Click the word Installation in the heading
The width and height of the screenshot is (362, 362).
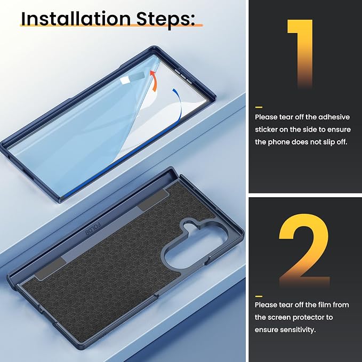[76, 19]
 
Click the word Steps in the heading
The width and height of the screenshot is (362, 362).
[163, 20]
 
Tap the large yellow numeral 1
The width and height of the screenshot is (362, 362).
[300, 53]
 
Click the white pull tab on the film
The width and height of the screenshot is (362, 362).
[125, 80]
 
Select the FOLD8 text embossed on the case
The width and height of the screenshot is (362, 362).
[93, 229]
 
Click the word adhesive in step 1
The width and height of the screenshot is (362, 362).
[334, 117]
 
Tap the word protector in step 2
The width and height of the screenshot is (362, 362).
[307, 317]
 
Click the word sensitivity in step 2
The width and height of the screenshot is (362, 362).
[298, 330]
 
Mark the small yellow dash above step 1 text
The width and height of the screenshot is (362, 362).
[259, 107]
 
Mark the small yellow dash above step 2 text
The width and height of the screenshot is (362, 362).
[259, 296]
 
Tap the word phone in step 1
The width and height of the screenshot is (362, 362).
[279, 142]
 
